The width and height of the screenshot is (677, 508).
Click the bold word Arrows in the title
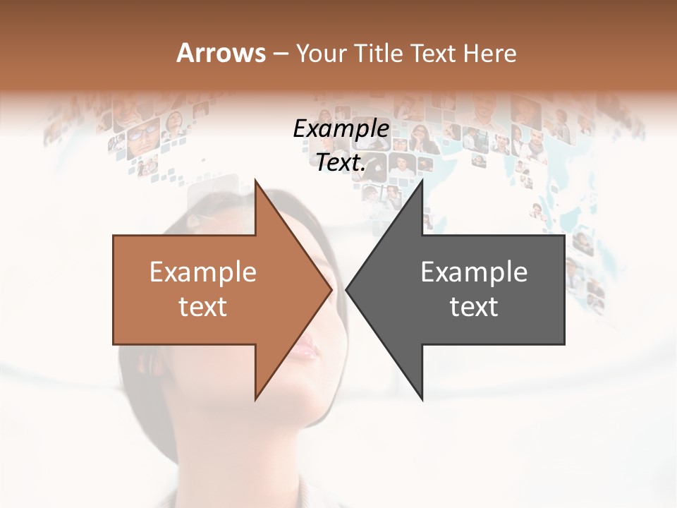pyautogui.click(x=221, y=53)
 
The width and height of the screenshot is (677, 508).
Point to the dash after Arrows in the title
pyautogui.click(x=280, y=54)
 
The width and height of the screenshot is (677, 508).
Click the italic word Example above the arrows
pyautogui.click(x=341, y=128)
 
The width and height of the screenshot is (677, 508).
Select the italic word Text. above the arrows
pyautogui.click(x=341, y=162)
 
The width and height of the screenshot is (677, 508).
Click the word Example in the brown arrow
pyautogui.click(x=203, y=272)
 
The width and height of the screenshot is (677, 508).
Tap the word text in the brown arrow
pyautogui.click(x=203, y=307)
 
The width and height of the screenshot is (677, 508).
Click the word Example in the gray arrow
pyautogui.click(x=474, y=272)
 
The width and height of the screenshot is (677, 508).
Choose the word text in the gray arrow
pyautogui.click(x=474, y=307)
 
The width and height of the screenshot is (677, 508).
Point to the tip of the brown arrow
pyautogui.click(x=331, y=289)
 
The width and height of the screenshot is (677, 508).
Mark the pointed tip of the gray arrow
pyautogui.click(x=346, y=289)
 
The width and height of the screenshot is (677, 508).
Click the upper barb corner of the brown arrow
pyautogui.click(x=256, y=180)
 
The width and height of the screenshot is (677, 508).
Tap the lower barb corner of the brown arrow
pyautogui.click(x=256, y=399)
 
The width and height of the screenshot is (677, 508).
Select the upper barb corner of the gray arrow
pyautogui.click(x=422, y=180)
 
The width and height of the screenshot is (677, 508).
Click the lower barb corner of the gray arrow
pyautogui.click(x=422, y=399)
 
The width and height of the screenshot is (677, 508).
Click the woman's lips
pyautogui.click(x=306, y=348)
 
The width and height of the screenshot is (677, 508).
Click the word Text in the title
pyautogui.click(x=434, y=53)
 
